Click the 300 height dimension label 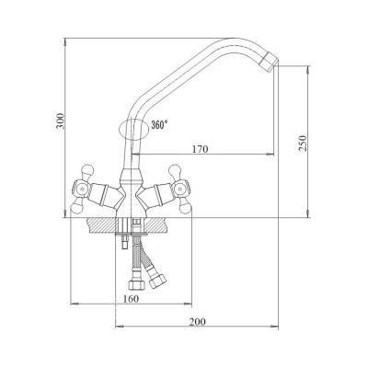coord(61,121)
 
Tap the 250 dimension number coord(303,143)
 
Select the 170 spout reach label coord(200,149)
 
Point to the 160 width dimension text coord(131,298)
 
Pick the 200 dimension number coord(197,322)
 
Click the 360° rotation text coord(159,125)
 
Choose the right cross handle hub coord(181,189)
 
